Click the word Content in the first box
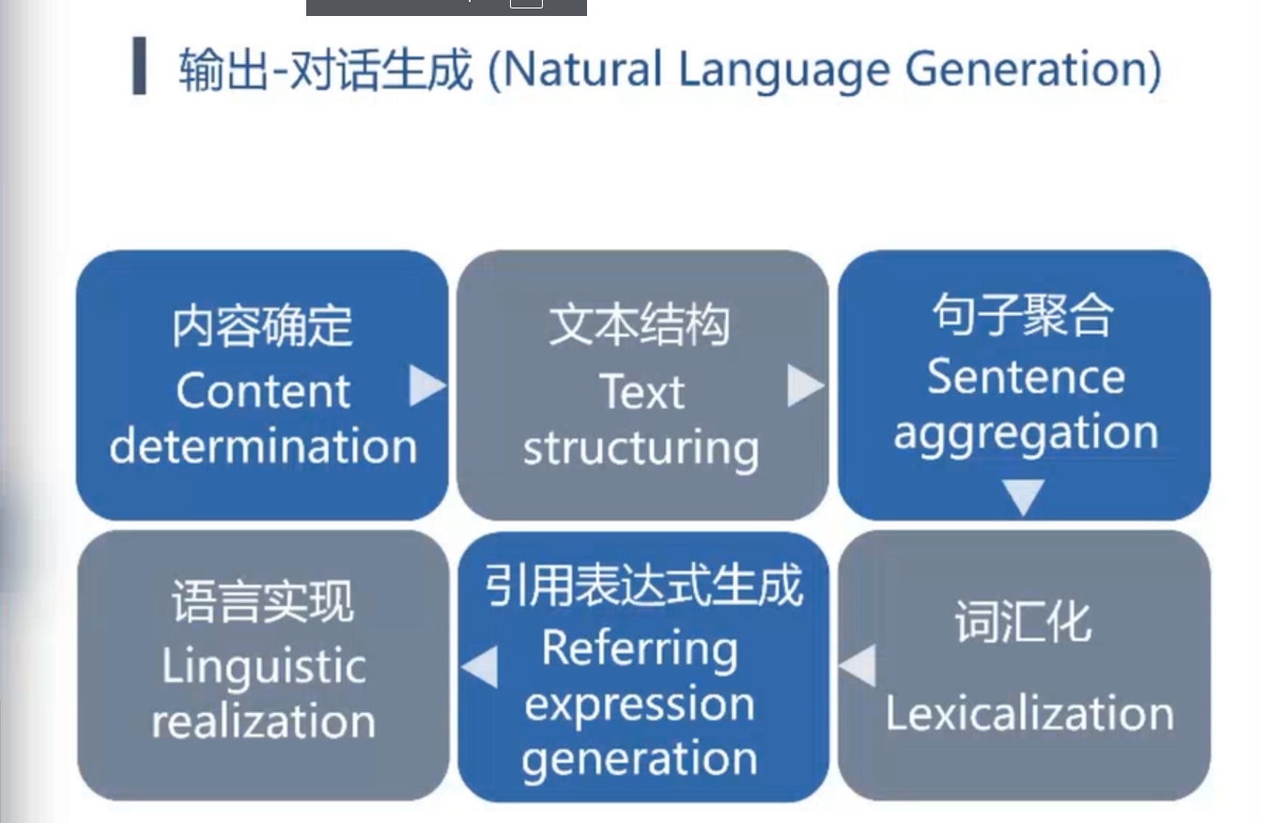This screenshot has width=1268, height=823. pyautogui.click(x=263, y=392)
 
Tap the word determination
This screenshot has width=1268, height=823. pyautogui.click(x=263, y=446)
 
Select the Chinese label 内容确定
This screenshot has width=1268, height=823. pyautogui.click(x=263, y=326)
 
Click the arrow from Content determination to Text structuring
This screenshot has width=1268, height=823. pyautogui.click(x=426, y=386)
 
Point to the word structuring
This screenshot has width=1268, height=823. pyautogui.click(x=642, y=448)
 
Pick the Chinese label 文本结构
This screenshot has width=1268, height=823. pyautogui.click(x=640, y=326)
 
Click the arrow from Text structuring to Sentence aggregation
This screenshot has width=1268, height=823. pyautogui.click(x=804, y=386)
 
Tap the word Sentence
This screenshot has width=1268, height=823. pyautogui.click(x=1026, y=378)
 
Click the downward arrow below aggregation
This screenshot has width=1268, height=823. pyautogui.click(x=1023, y=496)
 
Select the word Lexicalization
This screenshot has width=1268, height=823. pyautogui.click(x=1029, y=714)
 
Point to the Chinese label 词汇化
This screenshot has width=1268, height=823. pyautogui.click(x=1023, y=622)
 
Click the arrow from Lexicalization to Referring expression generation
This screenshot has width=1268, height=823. pyautogui.click(x=857, y=665)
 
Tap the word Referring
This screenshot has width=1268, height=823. pyautogui.click(x=640, y=648)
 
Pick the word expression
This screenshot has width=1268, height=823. pyautogui.click(x=640, y=705)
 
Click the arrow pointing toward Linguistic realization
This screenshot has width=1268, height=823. pyautogui.click(x=480, y=667)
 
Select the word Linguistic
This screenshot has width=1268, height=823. pyautogui.click(x=263, y=667)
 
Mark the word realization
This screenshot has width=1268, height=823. pyautogui.click(x=263, y=722)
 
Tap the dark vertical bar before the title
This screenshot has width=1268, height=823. pyautogui.click(x=140, y=66)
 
